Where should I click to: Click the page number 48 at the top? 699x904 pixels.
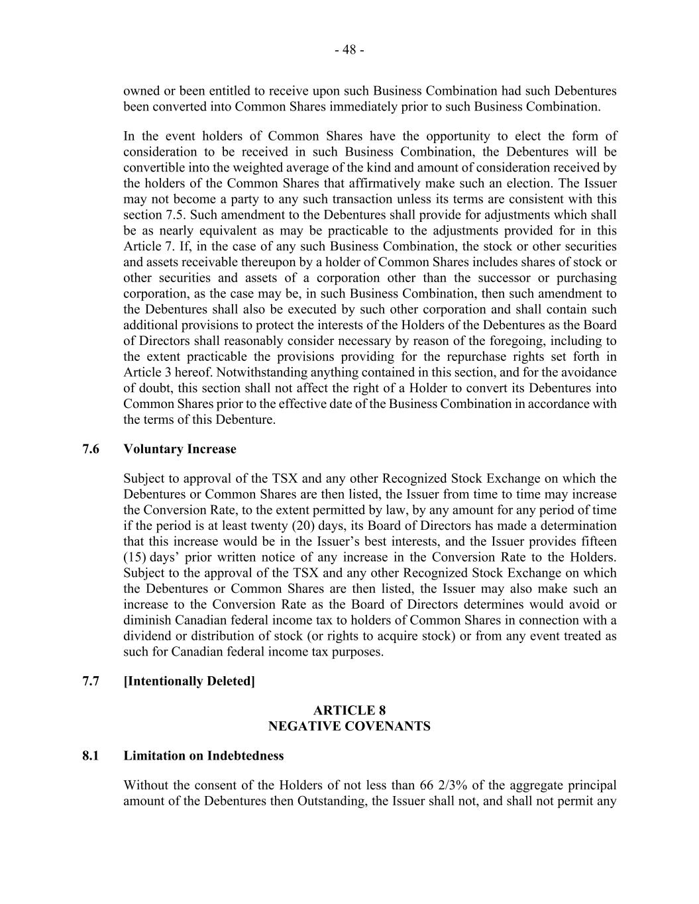pos(349,50)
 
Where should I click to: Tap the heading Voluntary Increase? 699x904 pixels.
pos(180,449)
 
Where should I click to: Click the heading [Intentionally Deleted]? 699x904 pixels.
pos(189,681)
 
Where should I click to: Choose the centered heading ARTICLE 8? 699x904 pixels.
pos(349,711)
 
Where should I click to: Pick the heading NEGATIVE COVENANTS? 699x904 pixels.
pos(349,727)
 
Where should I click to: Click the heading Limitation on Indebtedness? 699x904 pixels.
pos(203,756)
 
